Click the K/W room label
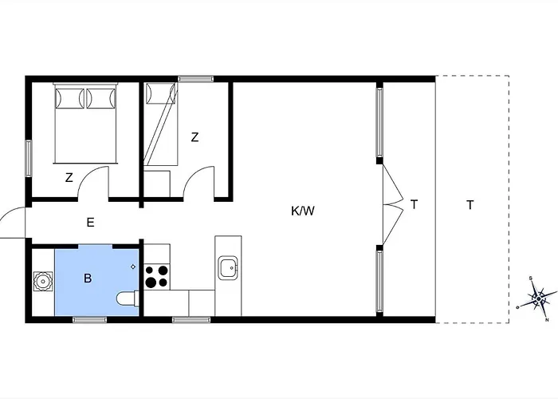pos(303,211)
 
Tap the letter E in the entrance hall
pos(90,223)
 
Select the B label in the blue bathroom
pos(88,279)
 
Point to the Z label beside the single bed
pos(195,137)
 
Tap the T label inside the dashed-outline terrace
pos(470,205)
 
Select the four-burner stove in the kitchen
pos(156,276)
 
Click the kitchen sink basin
pos(229,268)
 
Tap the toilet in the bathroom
pos(128,300)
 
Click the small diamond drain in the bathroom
pos(133,267)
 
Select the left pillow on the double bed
pos(69,98)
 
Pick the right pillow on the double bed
pos(100,98)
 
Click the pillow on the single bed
pos(159,94)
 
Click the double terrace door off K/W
pos(391,204)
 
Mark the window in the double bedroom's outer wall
pos(29,158)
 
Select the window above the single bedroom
pos(196,78)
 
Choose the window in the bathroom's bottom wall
pos(89,319)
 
